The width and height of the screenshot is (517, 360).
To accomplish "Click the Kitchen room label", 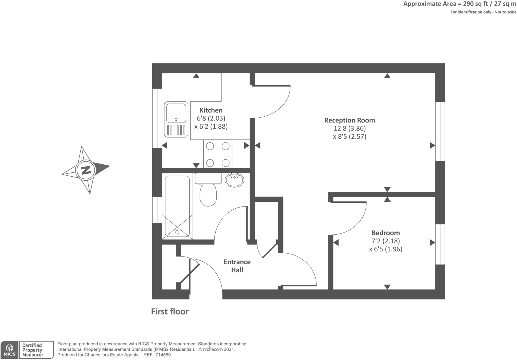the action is [211, 110].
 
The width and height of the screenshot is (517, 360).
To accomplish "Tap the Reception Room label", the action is [350, 120].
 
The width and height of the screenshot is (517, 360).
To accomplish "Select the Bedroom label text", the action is [386, 233].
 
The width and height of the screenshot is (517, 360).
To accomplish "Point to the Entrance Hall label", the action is [237, 266].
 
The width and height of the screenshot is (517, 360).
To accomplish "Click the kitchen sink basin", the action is [176, 113].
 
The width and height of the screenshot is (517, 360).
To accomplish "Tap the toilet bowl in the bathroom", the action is [208, 194].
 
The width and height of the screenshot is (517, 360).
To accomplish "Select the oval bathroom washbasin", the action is [234, 180].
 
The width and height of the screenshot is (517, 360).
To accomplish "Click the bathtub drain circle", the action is [177, 232].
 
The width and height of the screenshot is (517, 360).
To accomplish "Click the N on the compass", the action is [86, 170].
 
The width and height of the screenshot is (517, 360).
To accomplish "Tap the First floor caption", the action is [170, 312].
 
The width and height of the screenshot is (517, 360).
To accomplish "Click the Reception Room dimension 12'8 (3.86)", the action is [350, 128].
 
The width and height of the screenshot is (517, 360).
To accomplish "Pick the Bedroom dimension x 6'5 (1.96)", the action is [386, 249].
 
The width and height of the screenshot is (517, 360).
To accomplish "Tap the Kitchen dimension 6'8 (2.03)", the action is [211, 118].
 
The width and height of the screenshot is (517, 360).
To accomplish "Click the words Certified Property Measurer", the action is [33, 350].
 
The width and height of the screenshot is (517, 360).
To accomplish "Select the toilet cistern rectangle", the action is [208, 178].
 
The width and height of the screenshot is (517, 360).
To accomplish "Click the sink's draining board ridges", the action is [176, 130].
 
